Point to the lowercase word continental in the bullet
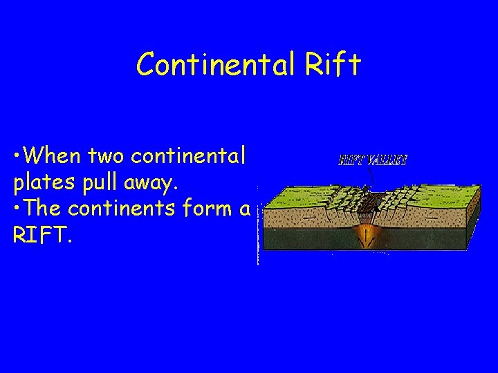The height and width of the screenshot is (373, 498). [188, 156]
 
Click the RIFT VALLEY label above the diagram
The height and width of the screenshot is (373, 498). [372, 160]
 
